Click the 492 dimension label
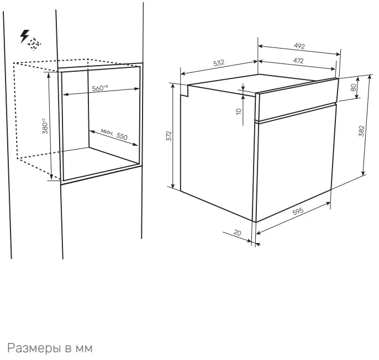point(299,46)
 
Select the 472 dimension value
point(298,60)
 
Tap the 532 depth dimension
point(219,63)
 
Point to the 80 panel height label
point(354,87)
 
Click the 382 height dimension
point(361,131)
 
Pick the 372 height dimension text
point(169,136)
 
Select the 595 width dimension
point(298,211)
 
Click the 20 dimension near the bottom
point(238,232)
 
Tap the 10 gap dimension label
point(239,112)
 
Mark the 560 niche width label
point(100,88)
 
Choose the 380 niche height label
point(45,126)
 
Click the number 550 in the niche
point(122,136)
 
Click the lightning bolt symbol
point(24,36)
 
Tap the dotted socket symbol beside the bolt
point(34,44)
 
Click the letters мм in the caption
point(84,349)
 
